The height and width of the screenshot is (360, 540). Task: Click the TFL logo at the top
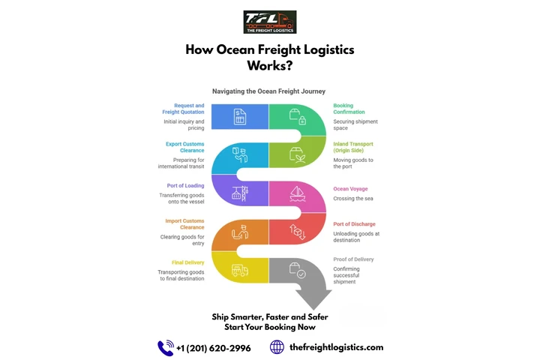pyautogui.click(x=270, y=22)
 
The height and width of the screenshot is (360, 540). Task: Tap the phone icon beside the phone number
pyautogui.click(x=166, y=347)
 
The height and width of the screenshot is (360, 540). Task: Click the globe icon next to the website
pyautogui.click(x=277, y=347)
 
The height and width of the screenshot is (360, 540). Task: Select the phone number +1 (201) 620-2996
pyautogui.click(x=214, y=348)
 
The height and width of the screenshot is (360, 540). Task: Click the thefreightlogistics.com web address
pyautogui.click(x=336, y=347)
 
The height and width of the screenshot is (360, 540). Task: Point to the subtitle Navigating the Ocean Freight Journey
pyautogui.click(x=268, y=91)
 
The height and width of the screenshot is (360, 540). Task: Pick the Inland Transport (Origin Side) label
pyautogui.click(x=352, y=147)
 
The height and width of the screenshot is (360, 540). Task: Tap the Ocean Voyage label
pyautogui.click(x=350, y=189)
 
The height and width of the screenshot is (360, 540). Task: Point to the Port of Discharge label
pyautogui.click(x=354, y=223)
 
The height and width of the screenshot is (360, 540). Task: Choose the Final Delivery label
pyautogui.click(x=188, y=262)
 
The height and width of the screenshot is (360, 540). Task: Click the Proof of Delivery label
pyautogui.click(x=353, y=259)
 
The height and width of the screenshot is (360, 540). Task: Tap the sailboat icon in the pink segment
pyautogui.click(x=297, y=193)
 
